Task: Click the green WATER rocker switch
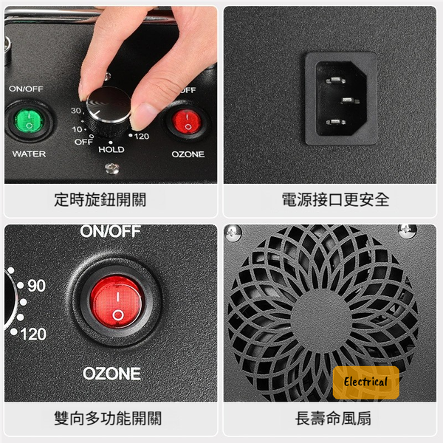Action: [x=29, y=122]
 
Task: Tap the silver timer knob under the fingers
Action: [x=109, y=111]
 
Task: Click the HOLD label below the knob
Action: [x=111, y=149]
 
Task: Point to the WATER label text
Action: [x=29, y=154]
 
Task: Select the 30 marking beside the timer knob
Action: [x=76, y=111]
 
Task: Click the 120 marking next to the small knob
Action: [x=142, y=137]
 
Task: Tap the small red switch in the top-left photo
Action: [x=187, y=123]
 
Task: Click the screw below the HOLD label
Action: [x=112, y=168]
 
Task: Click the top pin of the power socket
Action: [x=335, y=80]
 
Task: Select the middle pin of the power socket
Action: [x=350, y=100]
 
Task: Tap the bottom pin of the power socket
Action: [x=335, y=122]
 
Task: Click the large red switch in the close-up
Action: [x=117, y=302]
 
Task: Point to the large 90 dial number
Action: [x=36, y=286]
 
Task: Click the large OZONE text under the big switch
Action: [x=111, y=374]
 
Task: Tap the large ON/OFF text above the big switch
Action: [x=110, y=231]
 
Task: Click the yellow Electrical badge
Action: [x=366, y=382]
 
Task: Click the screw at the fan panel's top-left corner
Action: [x=233, y=233]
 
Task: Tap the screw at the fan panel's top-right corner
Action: [x=407, y=231]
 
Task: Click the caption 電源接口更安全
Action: [x=335, y=200]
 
